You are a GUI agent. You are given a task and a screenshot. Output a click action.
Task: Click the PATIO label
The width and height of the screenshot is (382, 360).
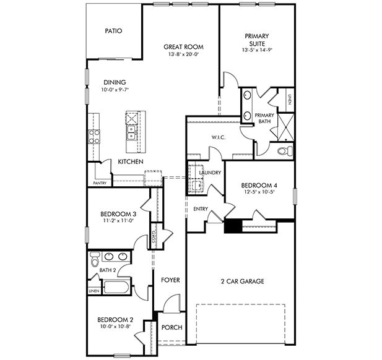click(x=113, y=30)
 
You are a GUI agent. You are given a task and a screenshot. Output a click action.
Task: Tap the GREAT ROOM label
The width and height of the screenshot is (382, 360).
click(x=183, y=47)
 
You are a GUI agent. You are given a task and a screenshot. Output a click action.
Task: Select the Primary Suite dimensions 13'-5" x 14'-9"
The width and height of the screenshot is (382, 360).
click(x=256, y=50)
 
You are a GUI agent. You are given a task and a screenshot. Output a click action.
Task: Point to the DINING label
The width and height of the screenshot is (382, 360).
click(x=115, y=82)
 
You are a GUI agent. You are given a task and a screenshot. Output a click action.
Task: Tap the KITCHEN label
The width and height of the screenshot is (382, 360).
click(x=131, y=162)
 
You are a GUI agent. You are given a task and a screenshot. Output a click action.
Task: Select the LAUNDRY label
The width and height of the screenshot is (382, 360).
click(x=210, y=173)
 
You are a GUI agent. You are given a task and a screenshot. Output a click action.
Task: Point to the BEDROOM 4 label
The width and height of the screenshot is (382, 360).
click(x=259, y=184)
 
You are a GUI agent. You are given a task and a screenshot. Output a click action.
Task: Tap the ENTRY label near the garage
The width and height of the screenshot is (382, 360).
click(x=201, y=209)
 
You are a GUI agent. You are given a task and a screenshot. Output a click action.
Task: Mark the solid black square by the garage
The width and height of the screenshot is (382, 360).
click(x=233, y=226)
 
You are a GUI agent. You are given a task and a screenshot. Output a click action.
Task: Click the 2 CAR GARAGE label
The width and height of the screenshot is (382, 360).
click(x=243, y=281)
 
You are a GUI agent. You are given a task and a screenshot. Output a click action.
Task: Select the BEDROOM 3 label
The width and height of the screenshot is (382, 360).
click(x=118, y=215)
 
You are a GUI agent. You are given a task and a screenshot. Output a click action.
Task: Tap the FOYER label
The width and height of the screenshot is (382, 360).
click(x=170, y=280)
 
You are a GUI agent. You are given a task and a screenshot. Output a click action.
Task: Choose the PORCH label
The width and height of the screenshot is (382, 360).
click(x=171, y=327)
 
